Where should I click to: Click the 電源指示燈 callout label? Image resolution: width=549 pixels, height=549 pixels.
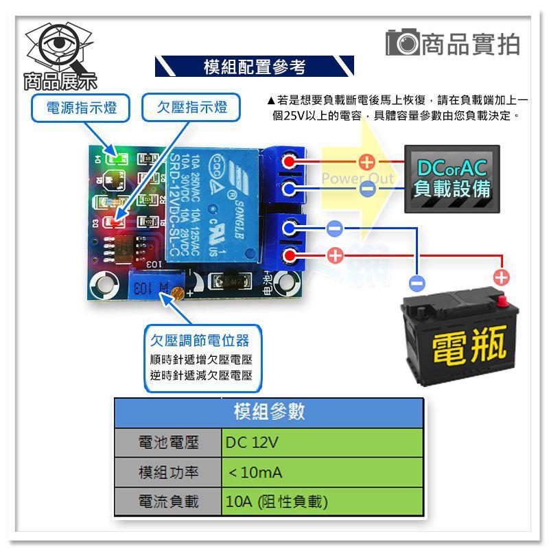(x=80, y=108)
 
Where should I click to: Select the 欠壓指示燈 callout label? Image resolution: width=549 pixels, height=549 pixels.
(x=193, y=108)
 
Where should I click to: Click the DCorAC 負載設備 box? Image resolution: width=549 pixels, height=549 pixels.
(x=452, y=179)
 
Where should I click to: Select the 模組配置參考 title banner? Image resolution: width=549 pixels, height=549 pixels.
(x=255, y=67)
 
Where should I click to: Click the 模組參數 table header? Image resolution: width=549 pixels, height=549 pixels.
(x=268, y=412)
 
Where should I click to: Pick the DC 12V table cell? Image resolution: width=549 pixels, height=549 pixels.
(x=323, y=443)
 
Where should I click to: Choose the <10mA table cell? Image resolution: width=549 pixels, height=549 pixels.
(x=323, y=472)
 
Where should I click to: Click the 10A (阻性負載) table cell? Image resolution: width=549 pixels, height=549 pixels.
(x=323, y=502)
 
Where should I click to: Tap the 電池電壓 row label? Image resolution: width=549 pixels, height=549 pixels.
(x=168, y=443)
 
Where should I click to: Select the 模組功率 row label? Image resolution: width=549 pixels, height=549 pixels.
(x=168, y=472)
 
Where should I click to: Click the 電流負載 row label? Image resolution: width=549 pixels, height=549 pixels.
(x=168, y=502)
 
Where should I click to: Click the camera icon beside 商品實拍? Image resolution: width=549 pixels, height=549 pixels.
(x=401, y=43)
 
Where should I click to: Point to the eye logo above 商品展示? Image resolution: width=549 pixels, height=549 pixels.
(x=60, y=47)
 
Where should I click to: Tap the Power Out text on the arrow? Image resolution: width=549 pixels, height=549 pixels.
(x=358, y=179)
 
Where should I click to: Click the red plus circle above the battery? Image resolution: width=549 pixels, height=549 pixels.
(x=502, y=277)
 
